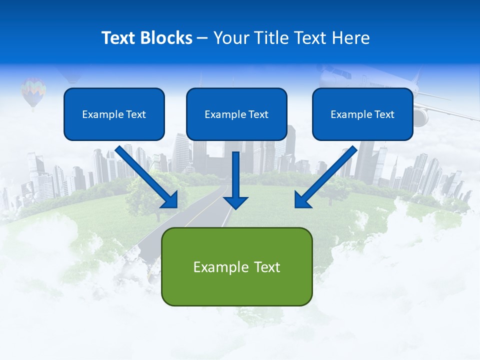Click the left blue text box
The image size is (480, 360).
click(114, 114)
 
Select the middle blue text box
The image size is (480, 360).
click(236, 114)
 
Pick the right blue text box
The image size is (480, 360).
click(362, 114)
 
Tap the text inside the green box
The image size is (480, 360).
click(236, 267)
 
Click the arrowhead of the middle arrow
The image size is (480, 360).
click(235, 202)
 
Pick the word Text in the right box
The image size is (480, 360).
click(384, 114)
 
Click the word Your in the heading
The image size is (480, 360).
click(230, 38)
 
